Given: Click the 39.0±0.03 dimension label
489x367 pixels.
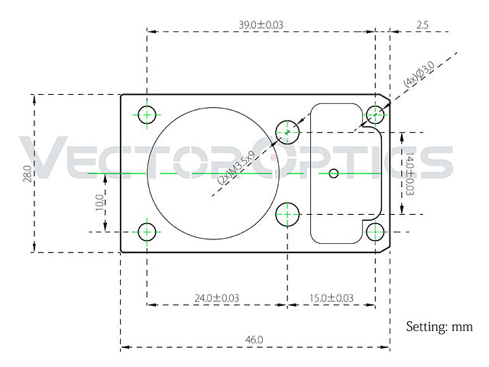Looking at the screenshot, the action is click(x=261, y=24).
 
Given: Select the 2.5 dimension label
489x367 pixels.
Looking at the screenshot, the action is click(x=423, y=24).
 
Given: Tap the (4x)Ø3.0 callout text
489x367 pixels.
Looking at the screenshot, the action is click(x=419, y=74).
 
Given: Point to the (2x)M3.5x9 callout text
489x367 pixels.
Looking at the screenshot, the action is click(x=236, y=167).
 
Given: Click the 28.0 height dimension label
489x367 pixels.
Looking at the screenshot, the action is click(x=28, y=174).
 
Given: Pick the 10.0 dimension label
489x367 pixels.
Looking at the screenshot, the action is click(x=99, y=202).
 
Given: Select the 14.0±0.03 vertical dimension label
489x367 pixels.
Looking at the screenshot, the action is click(x=410, y=174).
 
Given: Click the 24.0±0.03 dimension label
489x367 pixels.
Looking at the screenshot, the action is click(x=217, y=298).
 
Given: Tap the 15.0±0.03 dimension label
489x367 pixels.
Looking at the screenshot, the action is click(x=331, y=298).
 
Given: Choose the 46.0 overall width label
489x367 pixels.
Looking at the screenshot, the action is click(x=254, y=339).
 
